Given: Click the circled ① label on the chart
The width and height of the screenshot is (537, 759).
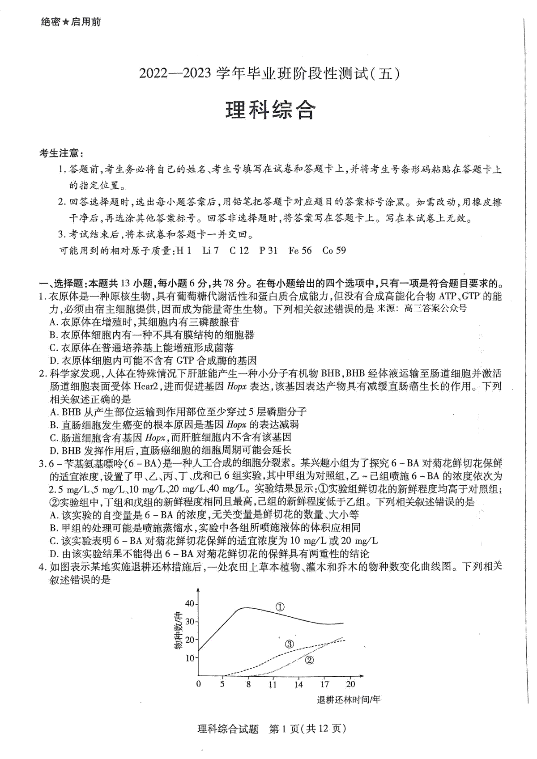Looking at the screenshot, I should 280,607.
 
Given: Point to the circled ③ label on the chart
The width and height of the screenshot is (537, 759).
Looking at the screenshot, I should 289,644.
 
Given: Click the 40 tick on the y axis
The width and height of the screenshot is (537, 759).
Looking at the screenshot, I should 190,604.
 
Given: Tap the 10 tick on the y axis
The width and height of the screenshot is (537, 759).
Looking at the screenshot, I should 190,658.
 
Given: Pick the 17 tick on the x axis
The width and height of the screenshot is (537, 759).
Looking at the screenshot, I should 324,684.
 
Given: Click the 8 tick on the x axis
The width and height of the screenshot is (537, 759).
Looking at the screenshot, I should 248,684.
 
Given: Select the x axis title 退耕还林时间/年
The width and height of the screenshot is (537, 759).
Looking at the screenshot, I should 349,700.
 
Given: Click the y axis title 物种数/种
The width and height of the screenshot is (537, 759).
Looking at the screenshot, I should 179,631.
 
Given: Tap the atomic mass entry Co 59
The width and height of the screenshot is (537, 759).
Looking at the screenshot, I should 334,250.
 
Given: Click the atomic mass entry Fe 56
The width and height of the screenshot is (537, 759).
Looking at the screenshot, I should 300,250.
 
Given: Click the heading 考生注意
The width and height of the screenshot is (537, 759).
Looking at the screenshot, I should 61,153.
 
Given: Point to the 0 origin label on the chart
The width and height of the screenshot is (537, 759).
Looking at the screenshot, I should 199,684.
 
